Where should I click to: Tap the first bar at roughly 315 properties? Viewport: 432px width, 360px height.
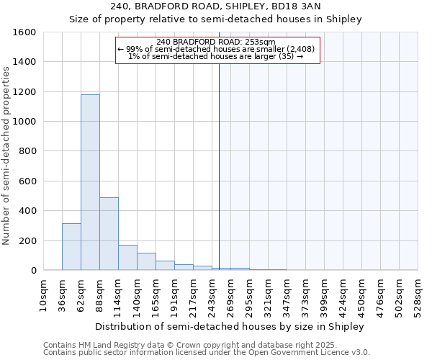[x=71, y=247]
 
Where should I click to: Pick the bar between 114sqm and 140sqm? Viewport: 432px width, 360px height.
[x=127, y=258]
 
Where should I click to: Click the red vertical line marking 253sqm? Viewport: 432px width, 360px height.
[x=220, y=166]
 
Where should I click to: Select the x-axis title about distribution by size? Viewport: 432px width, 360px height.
[x=230, y=326]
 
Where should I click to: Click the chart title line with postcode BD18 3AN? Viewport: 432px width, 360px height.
[x=215, y=6]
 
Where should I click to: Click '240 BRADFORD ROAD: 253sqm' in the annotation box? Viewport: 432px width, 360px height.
[x=217, y=42]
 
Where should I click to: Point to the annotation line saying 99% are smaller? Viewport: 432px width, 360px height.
[x=217, y=49]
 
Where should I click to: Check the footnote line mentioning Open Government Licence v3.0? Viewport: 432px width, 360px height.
[x=207, y=353]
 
